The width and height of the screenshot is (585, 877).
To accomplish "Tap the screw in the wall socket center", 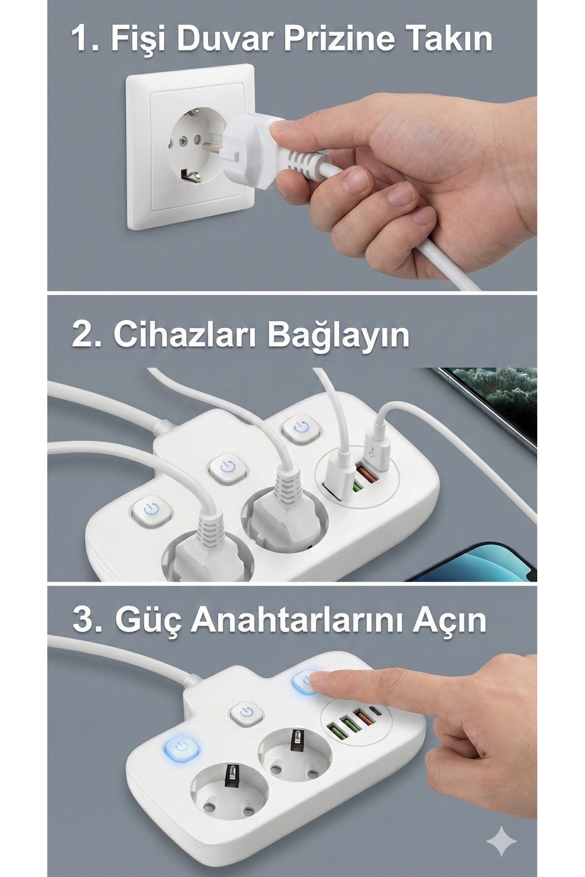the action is tap(183, 142).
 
